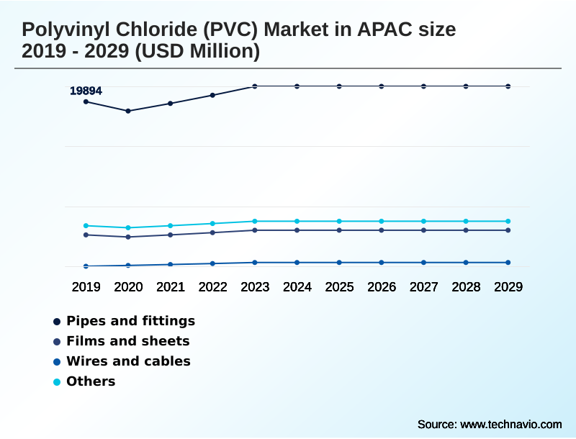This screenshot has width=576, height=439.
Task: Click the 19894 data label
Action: [x=86, y=91]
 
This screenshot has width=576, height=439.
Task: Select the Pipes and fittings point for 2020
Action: [x=128, y=111]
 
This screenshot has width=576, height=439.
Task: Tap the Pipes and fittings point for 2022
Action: [x=212, y=95]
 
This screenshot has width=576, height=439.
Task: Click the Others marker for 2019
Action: [x=86, y=226]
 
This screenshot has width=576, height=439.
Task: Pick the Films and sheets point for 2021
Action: [x=171, y=235]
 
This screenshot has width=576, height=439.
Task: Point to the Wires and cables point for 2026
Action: [x=382, y=263]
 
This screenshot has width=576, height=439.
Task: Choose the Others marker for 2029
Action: [x=508, y=221]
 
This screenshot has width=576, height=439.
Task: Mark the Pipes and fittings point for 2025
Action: [x=339, y=86]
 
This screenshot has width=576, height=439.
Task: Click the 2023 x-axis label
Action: [x=255, y=287]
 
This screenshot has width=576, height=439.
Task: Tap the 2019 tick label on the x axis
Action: [x=86, y=287]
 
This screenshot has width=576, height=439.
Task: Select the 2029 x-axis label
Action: [x=508, y=287]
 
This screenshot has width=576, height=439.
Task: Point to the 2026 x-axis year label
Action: [x=382, y=287]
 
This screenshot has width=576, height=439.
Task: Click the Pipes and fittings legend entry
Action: [x=130, y=321]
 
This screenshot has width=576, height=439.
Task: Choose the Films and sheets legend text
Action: [x=127, y=341]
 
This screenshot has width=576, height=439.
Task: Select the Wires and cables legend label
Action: [x=128, y=361]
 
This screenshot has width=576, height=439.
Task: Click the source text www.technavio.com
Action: [x=510, y=424]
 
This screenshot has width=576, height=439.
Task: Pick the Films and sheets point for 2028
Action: [x=466, y=230]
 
